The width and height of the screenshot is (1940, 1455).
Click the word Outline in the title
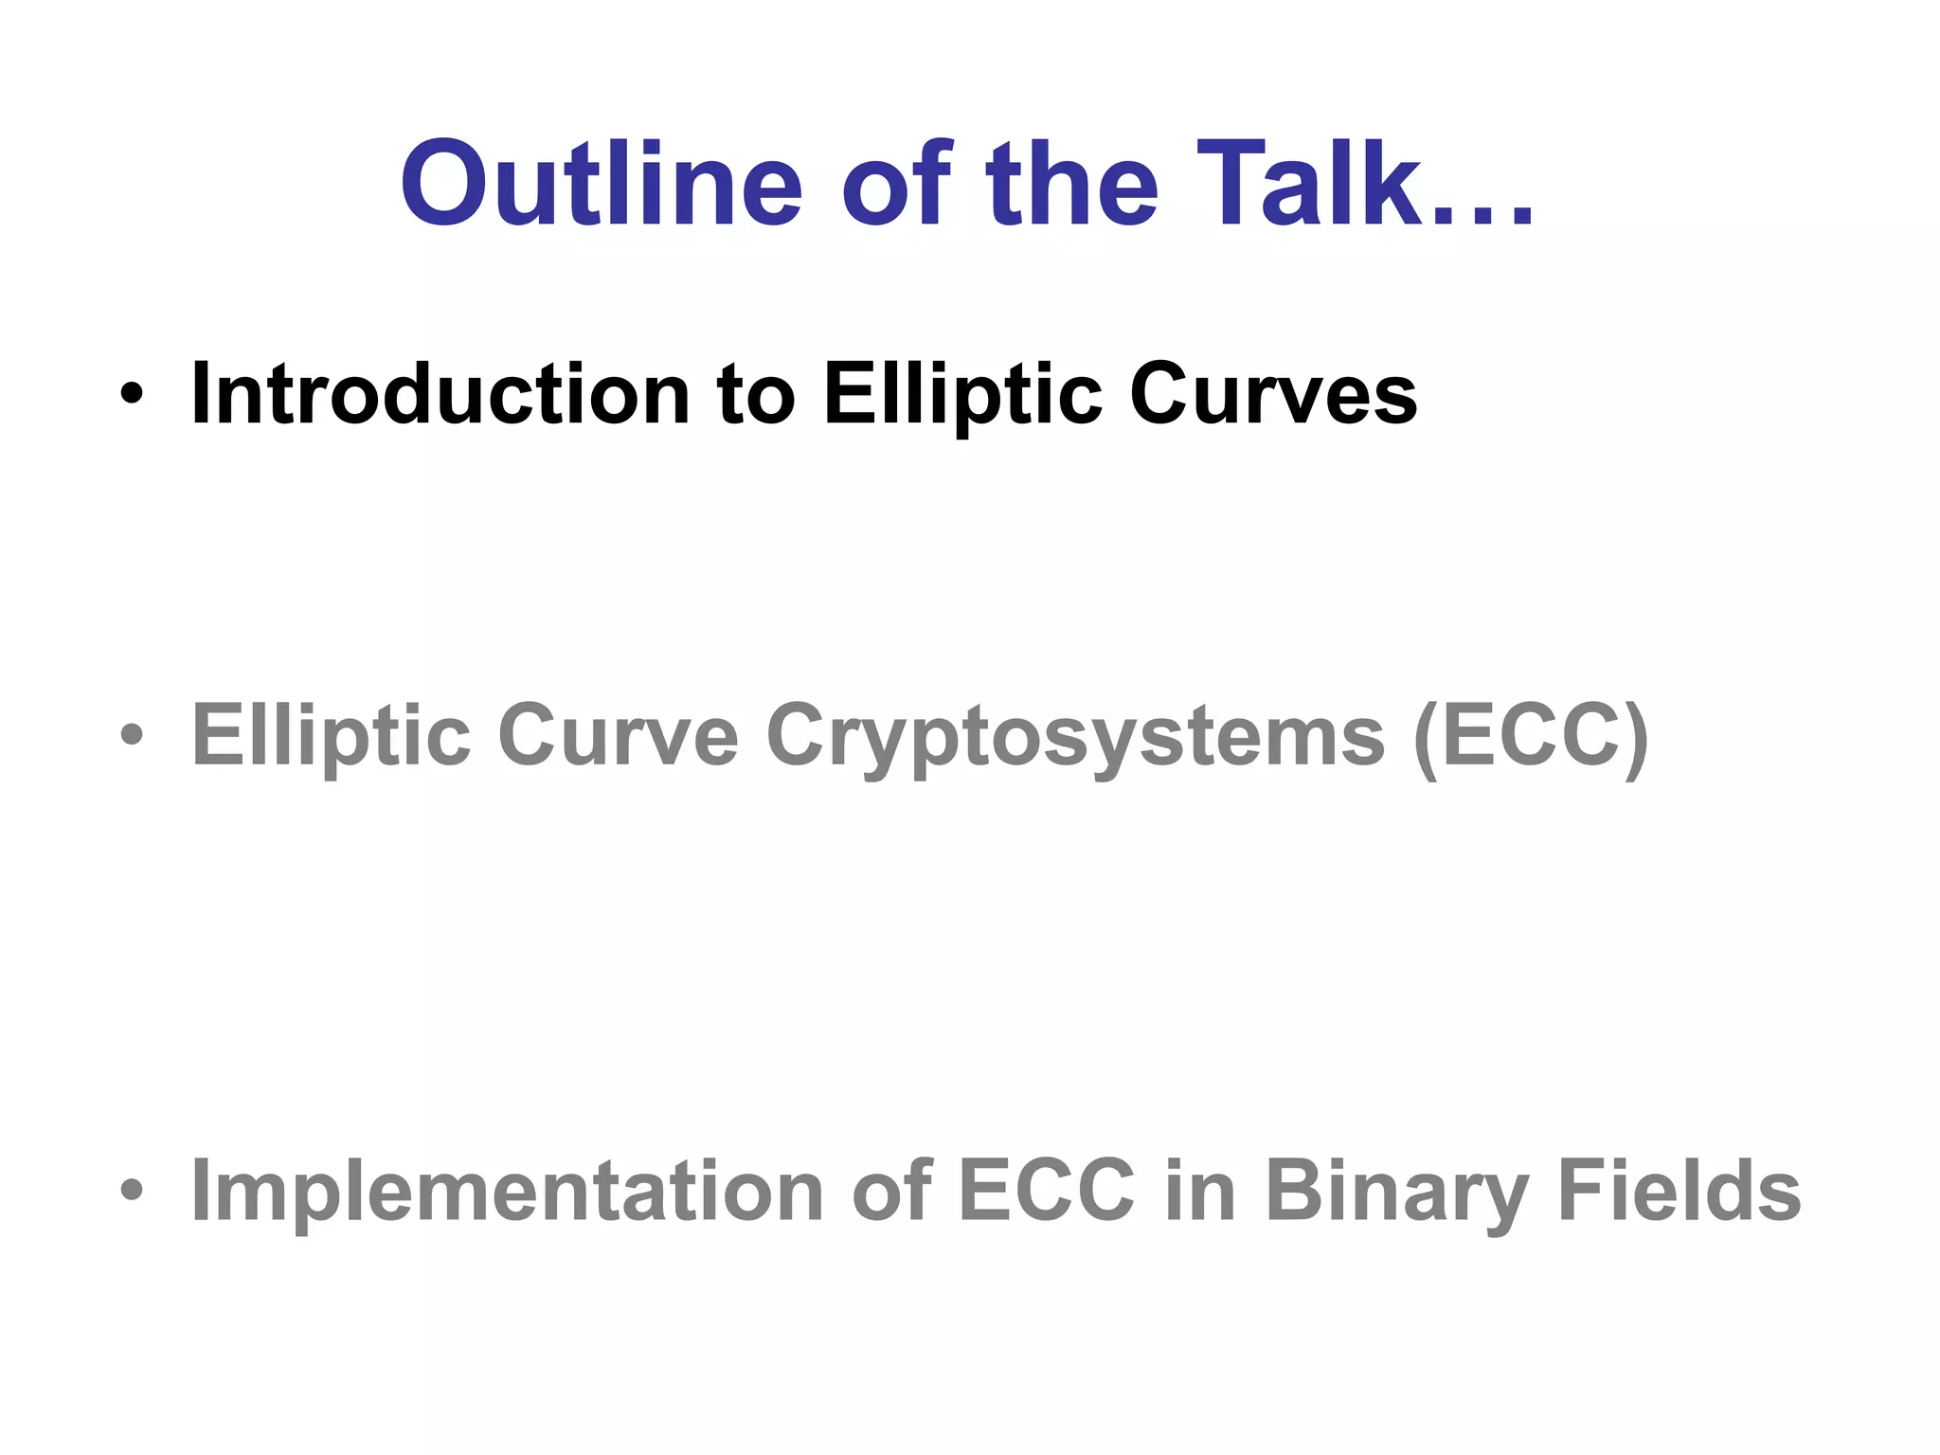tap(602, 184)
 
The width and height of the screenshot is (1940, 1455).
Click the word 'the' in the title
tap(1071, 184)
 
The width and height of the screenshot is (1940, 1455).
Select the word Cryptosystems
tap(1075, 737)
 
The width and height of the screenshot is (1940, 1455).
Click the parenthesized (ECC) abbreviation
tap(1531, 737)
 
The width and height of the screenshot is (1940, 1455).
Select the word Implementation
tap(507, 1191)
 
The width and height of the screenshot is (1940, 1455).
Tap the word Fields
tap(1679, 1191)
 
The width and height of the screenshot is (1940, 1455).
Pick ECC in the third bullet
tap(1046, 1191)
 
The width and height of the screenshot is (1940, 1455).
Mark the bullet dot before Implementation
tap(132, 1191)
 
